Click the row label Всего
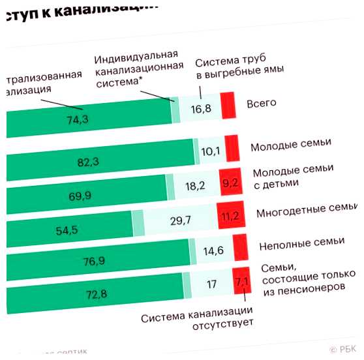[x=262, y=102]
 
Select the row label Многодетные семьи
[x=306, y=211]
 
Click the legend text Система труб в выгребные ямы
[x=239, y=67]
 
